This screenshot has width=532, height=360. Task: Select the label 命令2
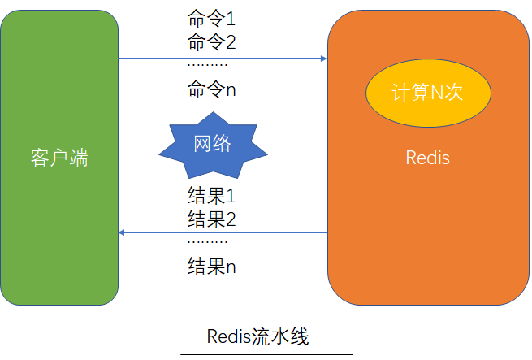point(211,41)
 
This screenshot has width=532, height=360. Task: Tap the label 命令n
point(211,89)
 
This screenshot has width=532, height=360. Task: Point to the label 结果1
point(211,197)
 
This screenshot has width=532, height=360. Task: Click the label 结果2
point(211,219)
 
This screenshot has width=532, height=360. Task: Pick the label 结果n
point(211,266)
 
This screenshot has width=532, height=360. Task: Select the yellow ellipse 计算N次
point(427,93)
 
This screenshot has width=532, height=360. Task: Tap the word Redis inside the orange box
point(427,158)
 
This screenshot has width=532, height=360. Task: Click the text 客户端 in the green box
point(58,158)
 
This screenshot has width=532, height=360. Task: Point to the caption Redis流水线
point(258,336)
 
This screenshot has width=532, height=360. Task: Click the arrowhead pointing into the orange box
point(323,59)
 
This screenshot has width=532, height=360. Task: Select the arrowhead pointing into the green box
point(123,232)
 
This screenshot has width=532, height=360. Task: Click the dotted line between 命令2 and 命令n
point(207,65)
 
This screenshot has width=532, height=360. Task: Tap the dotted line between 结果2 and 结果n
point(207,242)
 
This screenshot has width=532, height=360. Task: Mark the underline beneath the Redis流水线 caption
point(266,354)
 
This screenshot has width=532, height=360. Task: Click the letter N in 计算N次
point(436,93)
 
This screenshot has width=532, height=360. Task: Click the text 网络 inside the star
point(213,144)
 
